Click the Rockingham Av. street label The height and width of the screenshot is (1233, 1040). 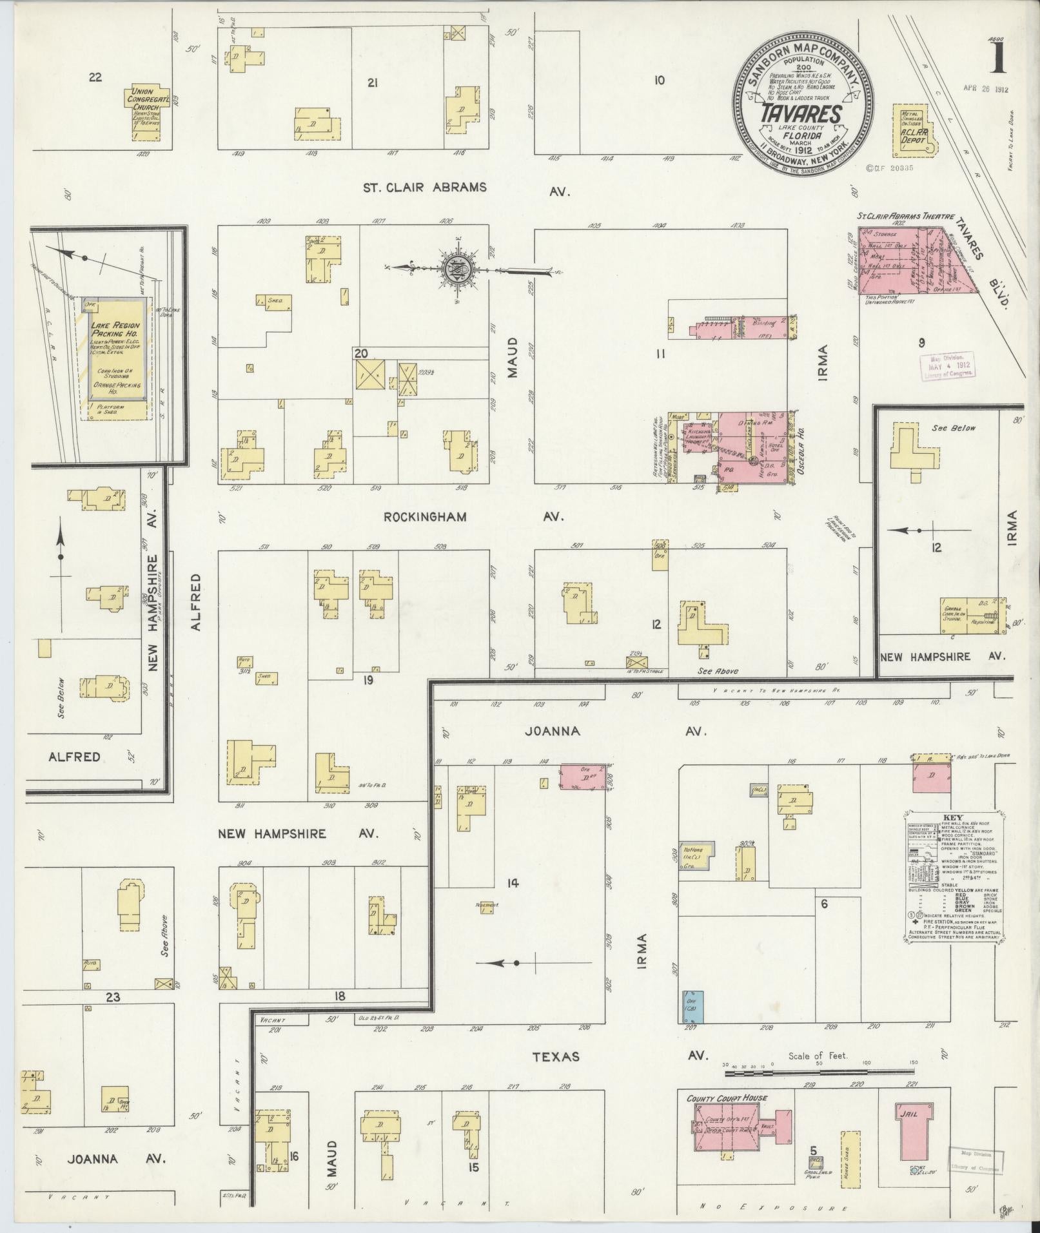[473, 516]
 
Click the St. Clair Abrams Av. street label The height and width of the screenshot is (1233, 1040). [466, 188]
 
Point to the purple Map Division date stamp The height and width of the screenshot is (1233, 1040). [946, 364]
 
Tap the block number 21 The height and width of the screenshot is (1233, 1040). [371, 83]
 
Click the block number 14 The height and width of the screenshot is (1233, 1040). [513, 884]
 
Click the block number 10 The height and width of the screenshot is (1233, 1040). [659, 81]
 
